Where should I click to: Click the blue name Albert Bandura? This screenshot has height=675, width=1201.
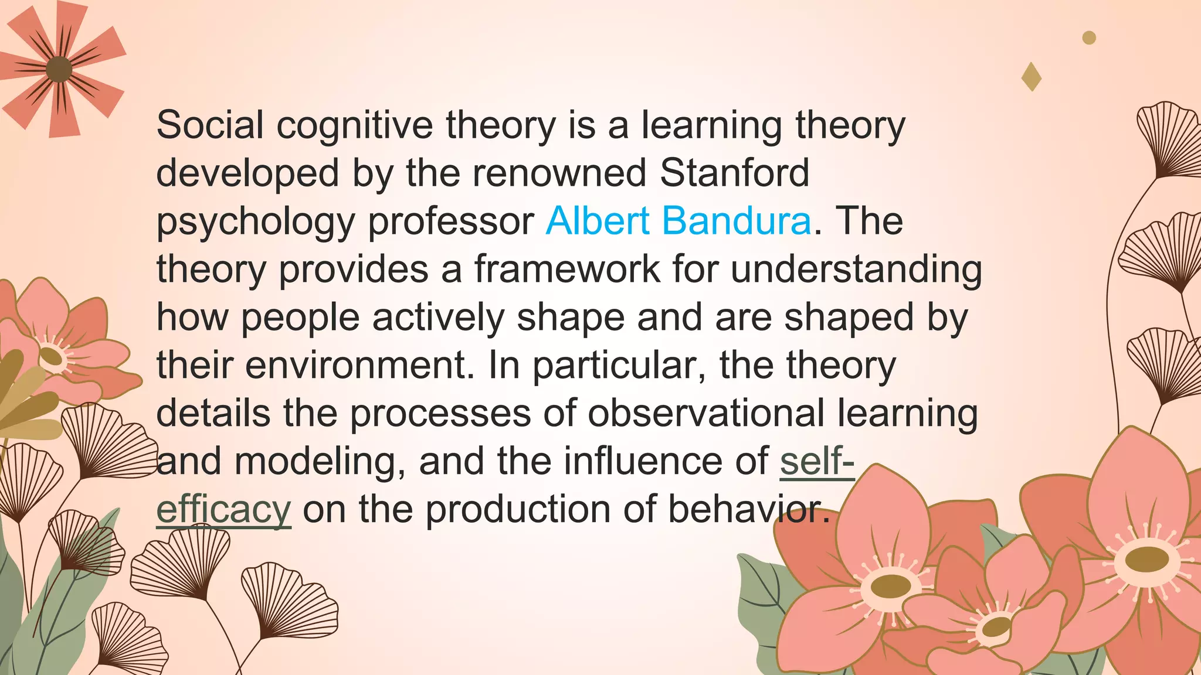click(x=678, y=221)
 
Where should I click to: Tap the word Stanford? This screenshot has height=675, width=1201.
click(x=734, y=173)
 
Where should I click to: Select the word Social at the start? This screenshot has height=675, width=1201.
click(x=210, y=125)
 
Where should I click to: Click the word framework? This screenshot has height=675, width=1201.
click(x=567, y=270)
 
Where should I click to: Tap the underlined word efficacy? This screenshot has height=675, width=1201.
click(x=223, y=510)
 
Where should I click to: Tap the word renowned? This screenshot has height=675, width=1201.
click(x=559, y=173)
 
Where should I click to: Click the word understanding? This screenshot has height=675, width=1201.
click(x=856, y=270)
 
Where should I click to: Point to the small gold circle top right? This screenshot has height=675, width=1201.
click(x=1089, y=37)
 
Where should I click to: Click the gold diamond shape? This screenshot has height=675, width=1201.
click(x=1032, y=77)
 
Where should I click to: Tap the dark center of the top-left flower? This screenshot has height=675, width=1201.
click(x=59, y=70)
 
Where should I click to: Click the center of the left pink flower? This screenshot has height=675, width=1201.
click(x=52, y=356)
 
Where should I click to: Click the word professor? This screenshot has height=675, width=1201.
click(x=450, y=221)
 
